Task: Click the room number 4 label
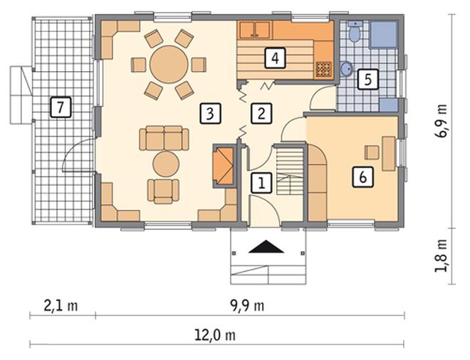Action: tap(275, 58)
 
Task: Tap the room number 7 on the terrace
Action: tap(61, 107)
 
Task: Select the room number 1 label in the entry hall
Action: tap(261, 182)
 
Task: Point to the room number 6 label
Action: tap(362, 177)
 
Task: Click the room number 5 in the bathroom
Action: tap(367, 79)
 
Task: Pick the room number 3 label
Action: tap(210, 114)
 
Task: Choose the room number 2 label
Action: tap(261, 114)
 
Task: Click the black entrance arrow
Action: tap(266, 247)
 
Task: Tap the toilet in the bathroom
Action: tap(355, 31)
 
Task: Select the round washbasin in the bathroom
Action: tap(347, 69)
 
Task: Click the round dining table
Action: tap(169, 65)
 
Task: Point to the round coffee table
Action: tap(166, 164)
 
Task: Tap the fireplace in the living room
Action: tap(223, 166)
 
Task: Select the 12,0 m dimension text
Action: tap(215, 336)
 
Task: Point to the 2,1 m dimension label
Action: tap(61, 306)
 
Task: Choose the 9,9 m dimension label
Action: tap(247, 306)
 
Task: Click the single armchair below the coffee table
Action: tap(163, 191)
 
